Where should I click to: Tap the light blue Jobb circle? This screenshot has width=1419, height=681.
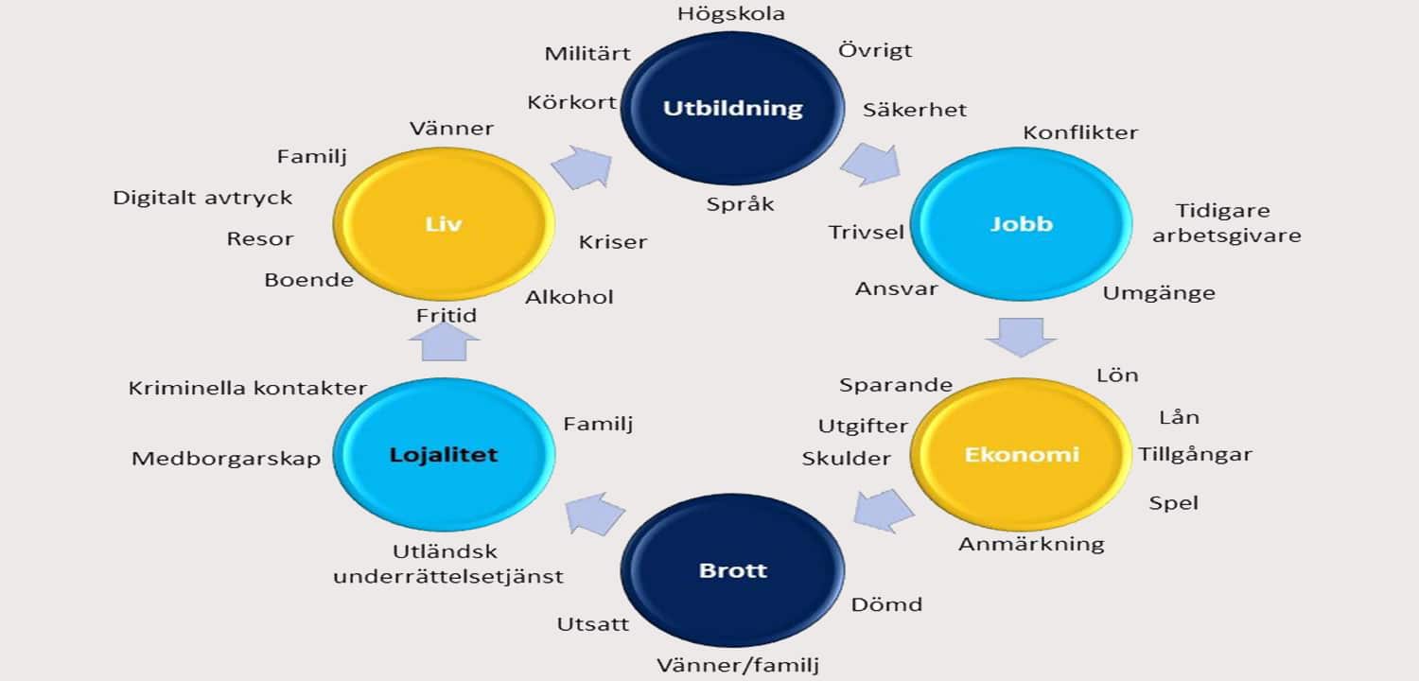pos(1022,224)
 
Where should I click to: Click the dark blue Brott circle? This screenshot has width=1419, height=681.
pos(732,570)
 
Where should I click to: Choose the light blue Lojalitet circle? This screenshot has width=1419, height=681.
pos(444,455)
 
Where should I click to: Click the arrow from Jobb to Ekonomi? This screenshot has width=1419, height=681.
pos(1019,337)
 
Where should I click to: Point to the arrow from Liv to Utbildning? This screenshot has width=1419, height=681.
pos(581,166)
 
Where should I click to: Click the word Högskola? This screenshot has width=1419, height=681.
pos(731,13)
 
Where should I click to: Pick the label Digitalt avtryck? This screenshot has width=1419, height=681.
pos(202,198)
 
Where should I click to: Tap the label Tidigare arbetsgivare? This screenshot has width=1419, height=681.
pos(1225,223)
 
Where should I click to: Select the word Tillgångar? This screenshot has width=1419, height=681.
pos(1195,455)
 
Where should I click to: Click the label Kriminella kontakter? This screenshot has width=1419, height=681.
pos(247,388)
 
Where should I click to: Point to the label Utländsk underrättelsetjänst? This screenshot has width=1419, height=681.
pos(447,564)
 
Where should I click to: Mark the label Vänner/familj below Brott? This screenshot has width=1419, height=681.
pos(738,665)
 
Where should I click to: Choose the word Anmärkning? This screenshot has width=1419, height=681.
pos(1031,544)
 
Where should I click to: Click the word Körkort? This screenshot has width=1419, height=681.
pos(572,102)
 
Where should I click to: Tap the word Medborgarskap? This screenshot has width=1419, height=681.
pos(226,459)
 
